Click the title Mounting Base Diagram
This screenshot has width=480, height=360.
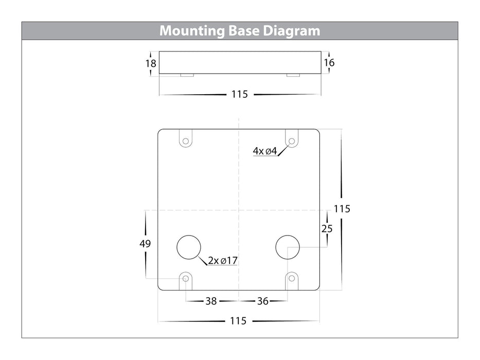click(240, 31)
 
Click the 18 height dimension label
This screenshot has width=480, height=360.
click(151, 63)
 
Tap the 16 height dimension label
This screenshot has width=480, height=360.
click(329, 63)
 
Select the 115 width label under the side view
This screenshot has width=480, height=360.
click(239, 95)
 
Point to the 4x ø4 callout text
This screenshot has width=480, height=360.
click(265, 151)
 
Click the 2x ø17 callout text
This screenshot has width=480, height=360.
click(223, 261)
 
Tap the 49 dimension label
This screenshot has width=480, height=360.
click(145, 244)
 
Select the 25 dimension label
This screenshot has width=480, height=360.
click(327, 229)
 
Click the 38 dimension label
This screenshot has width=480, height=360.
click(211, 301)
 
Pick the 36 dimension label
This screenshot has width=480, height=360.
click(262, 301)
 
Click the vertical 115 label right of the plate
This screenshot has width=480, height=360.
click(342, 209)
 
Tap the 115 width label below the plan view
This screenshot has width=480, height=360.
click(238, 321)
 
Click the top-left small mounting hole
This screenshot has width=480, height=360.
click(185, 140)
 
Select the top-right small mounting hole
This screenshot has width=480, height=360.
click(292, 140)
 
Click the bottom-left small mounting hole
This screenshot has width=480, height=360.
click(185, 278)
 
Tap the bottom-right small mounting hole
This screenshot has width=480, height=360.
click(292, 278)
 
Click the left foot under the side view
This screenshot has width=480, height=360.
click(187, 76)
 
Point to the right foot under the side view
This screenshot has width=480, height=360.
click(293, 76)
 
